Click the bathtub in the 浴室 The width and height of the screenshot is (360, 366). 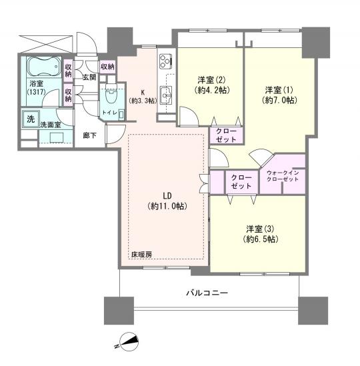click(44, 67)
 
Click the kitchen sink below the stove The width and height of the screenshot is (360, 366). click(166, 92)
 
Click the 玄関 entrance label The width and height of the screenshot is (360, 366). click(88, 77)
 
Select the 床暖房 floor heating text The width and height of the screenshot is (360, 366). click(141, 255)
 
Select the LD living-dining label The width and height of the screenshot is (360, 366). click(167, 196)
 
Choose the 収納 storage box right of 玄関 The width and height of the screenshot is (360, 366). click(107, 67)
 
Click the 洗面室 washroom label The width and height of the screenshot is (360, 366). click(51, 125)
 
